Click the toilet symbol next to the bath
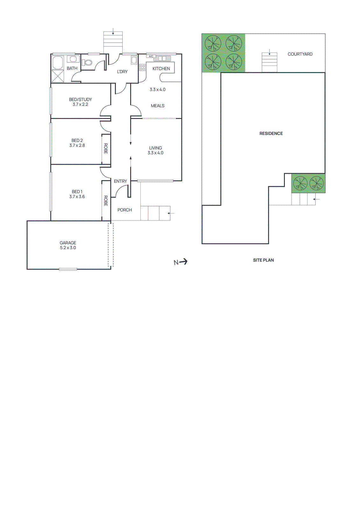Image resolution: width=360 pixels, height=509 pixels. (x=87, y=62)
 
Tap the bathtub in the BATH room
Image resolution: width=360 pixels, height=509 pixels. (x=58, y=63)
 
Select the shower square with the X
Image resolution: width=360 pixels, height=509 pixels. (x=58, y=76)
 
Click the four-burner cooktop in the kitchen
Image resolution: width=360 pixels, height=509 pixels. (x=142, y=67)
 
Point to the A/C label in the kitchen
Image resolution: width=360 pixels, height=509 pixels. (x=151, y=56)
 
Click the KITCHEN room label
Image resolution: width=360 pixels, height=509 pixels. (x=161, y=68)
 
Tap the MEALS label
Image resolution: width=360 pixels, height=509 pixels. (x=158, y=106)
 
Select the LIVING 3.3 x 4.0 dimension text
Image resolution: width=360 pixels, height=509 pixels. (x=155, y=153)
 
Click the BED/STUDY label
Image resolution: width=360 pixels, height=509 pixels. (x=80, y=100)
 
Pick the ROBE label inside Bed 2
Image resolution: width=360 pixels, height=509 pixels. (x=106, y=149)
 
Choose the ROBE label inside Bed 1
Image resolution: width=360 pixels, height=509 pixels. (x=106, y=201)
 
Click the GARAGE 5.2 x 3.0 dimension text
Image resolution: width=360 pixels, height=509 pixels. (x=68, y=248)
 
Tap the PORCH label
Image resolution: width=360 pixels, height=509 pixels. (x=124, y=210)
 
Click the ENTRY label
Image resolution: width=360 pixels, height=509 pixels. (x=120, y=181)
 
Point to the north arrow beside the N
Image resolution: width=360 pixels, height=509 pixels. (x=183, y=262)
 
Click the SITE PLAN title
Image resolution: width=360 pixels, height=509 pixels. (x=263, y=260)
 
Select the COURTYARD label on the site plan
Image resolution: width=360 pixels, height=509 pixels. (x=300, y=54)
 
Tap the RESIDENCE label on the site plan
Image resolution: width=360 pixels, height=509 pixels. (x=271, y=134)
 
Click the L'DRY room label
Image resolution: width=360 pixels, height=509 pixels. (x=122, y=72)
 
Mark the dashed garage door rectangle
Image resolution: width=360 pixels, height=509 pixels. (x=110, y=245)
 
